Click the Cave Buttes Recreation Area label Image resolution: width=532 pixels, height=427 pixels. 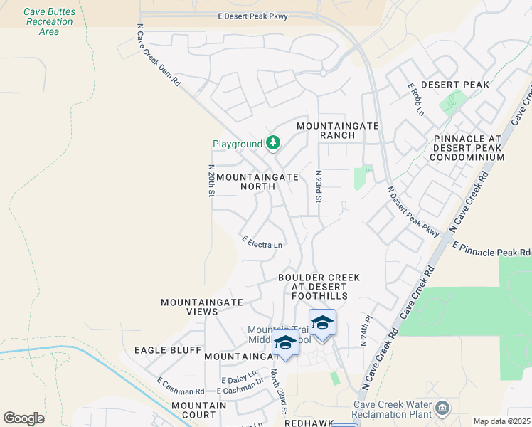click(49, 21)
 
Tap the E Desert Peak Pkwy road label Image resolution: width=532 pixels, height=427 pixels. click(253, 16)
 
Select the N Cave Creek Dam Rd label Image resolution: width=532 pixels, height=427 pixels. click(159, 55)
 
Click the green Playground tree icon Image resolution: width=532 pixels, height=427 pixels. click(272, 143)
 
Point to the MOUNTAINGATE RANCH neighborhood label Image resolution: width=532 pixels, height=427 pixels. click(337, 130)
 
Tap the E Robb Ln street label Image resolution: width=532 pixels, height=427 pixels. click(415, 99)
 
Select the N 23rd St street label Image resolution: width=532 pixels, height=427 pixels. click(319, 186)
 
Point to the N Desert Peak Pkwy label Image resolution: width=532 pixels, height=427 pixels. click(413, 211)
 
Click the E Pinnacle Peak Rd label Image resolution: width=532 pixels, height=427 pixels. click(491, 248)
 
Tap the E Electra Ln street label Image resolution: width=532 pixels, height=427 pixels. click(262, 243)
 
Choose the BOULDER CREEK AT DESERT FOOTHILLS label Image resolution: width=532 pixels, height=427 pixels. click(319, 286)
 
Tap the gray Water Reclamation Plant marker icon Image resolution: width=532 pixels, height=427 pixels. click(442, 408)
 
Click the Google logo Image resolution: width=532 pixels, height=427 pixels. click(23, 418)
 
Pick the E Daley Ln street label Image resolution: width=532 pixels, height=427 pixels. click(238, 381)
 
